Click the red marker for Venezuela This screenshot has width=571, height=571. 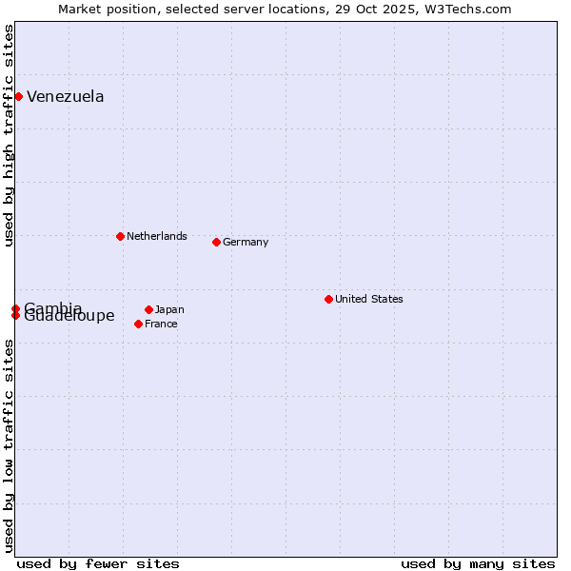(18, 96)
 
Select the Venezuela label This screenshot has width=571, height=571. (66, 96)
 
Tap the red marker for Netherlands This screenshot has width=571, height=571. (120, 236)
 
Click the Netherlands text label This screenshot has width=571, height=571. (157, 236)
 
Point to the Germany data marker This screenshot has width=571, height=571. (216, 242)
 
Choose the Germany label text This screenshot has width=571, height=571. (246, 242)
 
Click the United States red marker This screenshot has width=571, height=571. (328, 299)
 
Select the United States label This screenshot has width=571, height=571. (369, 299)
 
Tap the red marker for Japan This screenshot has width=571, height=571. (148, 309)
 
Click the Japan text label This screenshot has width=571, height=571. (169, 309)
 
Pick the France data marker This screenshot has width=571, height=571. (138, 324)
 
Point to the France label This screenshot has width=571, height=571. (161, 324)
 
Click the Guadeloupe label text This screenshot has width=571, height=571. (69, 317)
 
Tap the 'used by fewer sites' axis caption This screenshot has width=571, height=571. (98, 563)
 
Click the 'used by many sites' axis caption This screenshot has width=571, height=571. (478, 563)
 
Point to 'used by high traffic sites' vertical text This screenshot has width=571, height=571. (10, 135)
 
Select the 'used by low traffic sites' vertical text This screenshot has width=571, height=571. (10, 444)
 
